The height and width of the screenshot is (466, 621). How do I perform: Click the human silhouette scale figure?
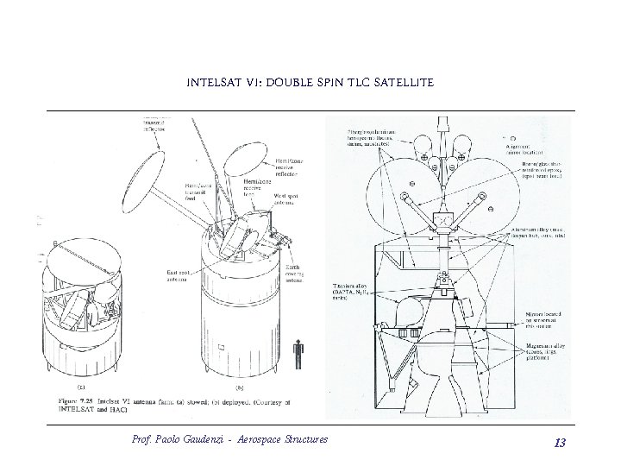pos(299,356)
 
